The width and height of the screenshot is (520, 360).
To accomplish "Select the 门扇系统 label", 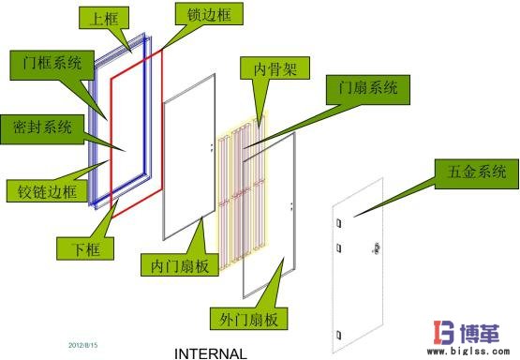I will click(x=363, y=88).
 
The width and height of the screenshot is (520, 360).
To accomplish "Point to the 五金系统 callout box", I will click(x=471, y=172).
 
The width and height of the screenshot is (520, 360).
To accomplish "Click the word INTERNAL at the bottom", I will click(x=211, y=353).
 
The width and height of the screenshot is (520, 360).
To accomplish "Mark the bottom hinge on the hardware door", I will click(x=336, y=334).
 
